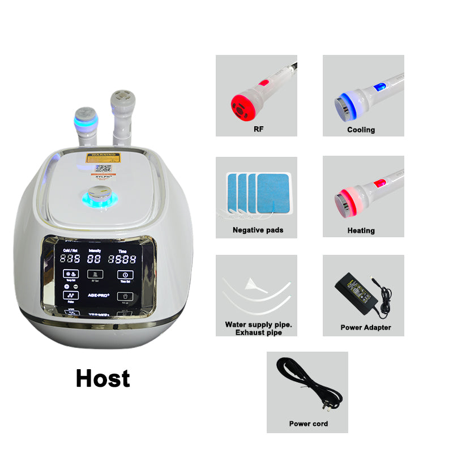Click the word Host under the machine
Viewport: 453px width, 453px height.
click(x=102, y=378)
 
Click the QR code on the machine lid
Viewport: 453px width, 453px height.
click(x=102, y=168)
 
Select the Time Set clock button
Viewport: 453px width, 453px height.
click(x=123, y=275)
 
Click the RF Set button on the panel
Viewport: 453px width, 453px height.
click(x=95, y=275)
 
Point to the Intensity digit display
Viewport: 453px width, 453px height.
click(x=95, y=259)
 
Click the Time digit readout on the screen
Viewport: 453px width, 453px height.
click(x=123, y=259)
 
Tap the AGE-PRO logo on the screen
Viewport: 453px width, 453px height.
click(x=95, y=295)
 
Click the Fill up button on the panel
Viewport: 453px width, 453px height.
click(x=123, y=296)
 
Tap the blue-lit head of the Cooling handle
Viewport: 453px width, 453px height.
click(x=341, y=104)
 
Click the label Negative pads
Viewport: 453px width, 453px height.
click(x=258, y=230)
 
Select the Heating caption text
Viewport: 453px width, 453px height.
click(x=361, y=231)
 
